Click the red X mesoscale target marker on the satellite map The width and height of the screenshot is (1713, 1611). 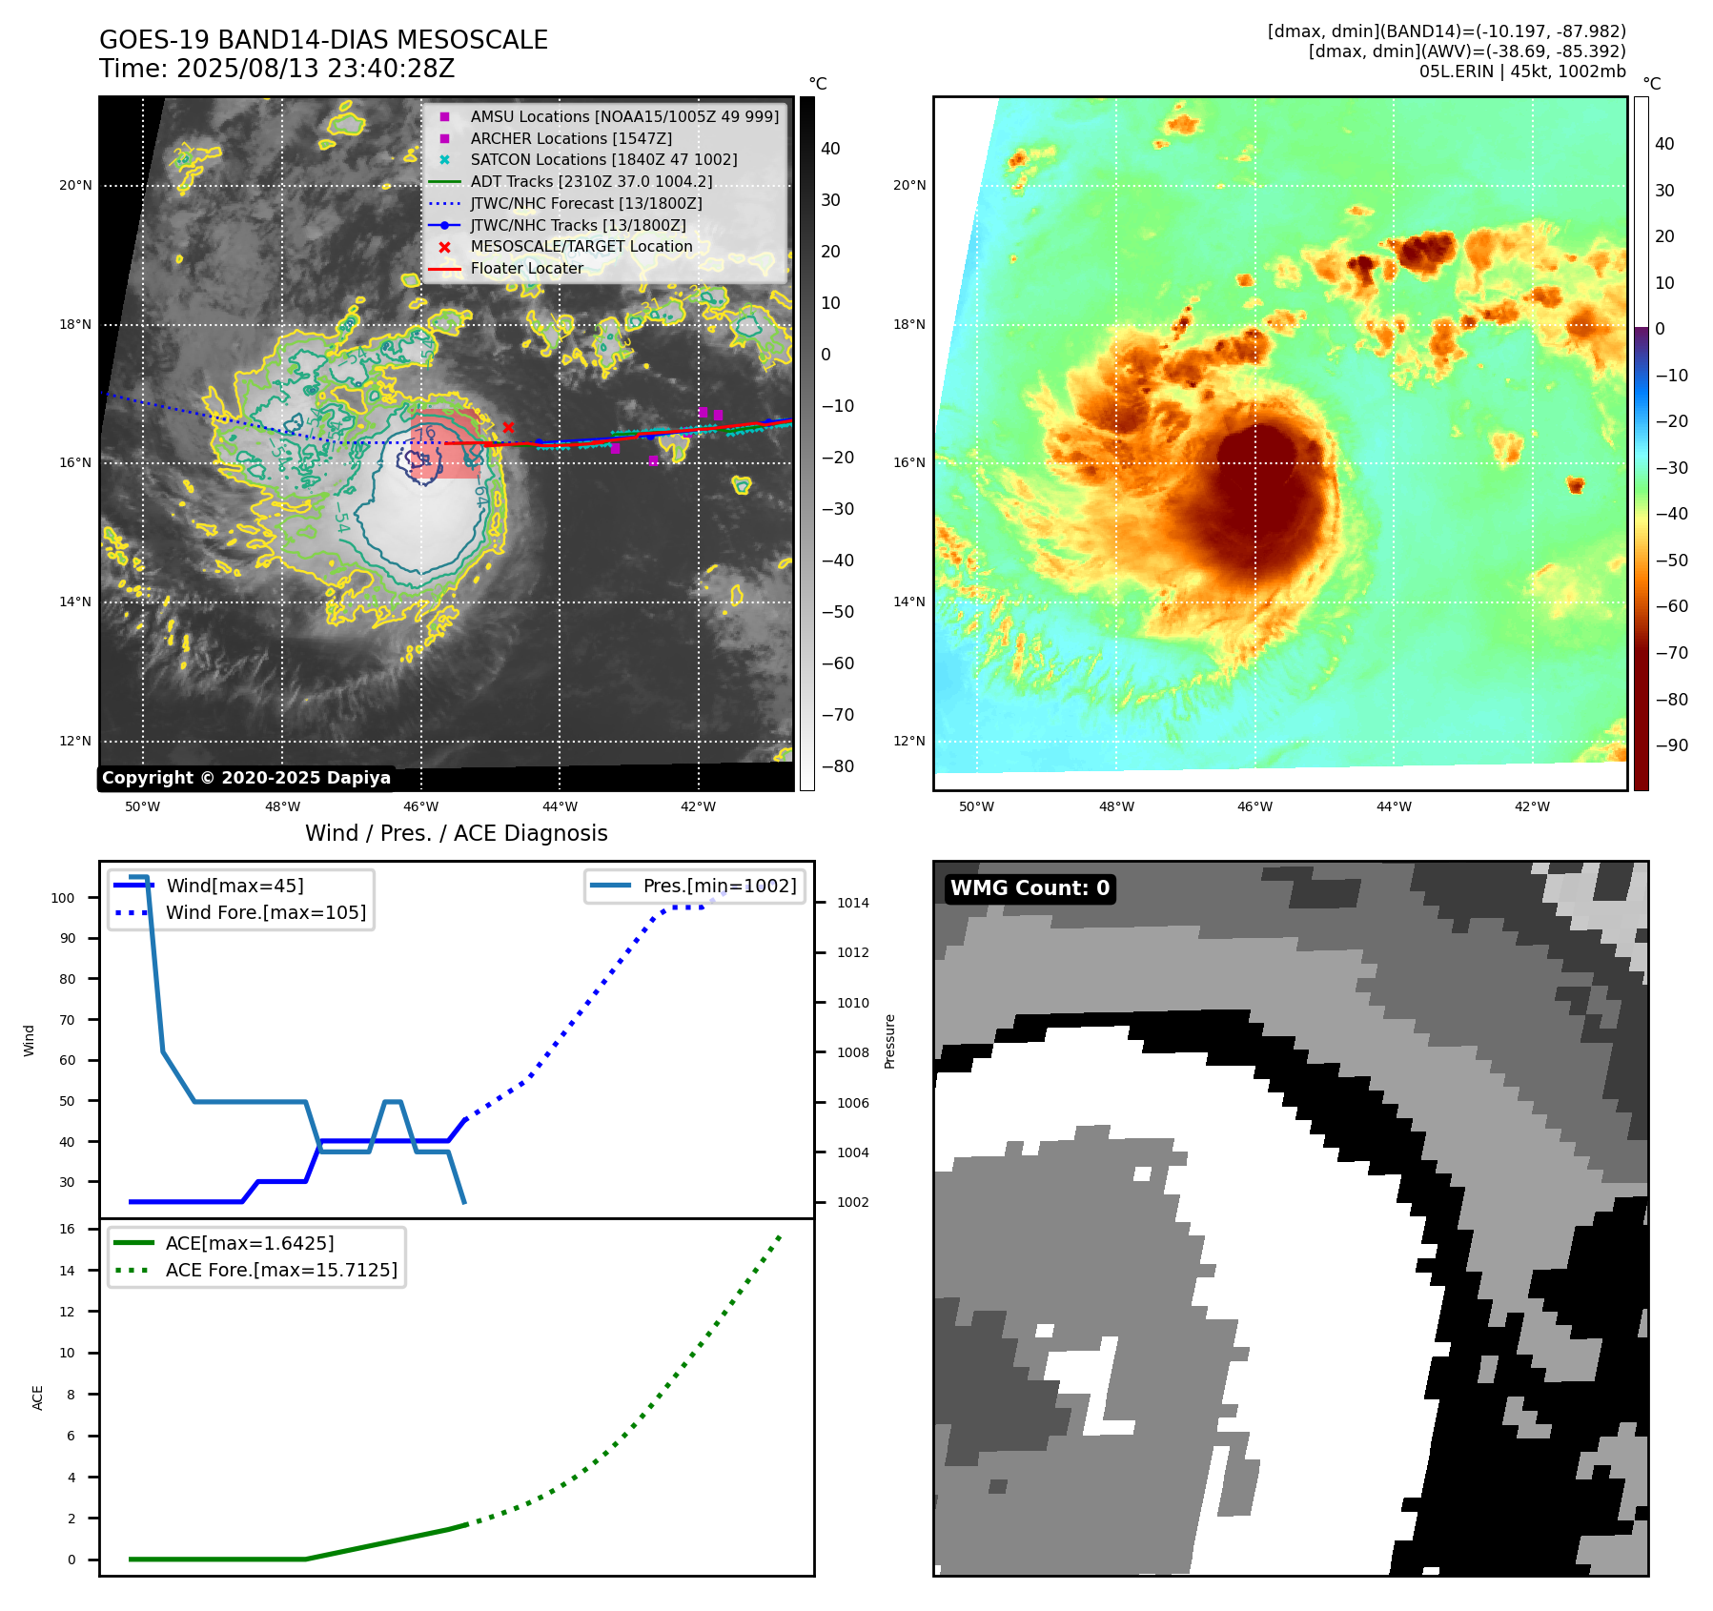(x=508, y=428)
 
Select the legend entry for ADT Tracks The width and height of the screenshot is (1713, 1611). (x=591, y=181)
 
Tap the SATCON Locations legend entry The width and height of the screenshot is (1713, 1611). (x=603, y=159)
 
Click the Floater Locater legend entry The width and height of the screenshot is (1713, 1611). (x=526, y=268)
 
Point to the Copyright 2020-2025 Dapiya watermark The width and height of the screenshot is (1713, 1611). (x=246, y=778)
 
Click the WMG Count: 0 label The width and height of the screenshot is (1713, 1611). (x=1030, y=888)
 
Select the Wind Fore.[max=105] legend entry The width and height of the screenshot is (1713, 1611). (x=265, y=912)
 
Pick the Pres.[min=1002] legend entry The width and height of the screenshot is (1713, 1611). (x=719, y=886)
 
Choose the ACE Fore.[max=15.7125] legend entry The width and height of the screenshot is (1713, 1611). (x=281, y=1270)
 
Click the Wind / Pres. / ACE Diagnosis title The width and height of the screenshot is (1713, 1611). (x=456, y=833)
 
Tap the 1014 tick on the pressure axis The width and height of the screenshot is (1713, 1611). (x=852, y=903)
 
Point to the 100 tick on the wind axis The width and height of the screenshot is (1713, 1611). (x=63, y=898)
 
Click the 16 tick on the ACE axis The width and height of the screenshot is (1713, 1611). (x=68, y=1229)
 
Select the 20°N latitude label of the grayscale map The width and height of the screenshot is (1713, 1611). (x=75, y=185)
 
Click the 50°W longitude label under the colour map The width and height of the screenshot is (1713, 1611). (x=976, y=806)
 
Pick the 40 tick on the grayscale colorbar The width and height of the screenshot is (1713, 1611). (x=830, y=149)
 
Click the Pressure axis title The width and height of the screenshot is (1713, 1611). (x=889, y=1041)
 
